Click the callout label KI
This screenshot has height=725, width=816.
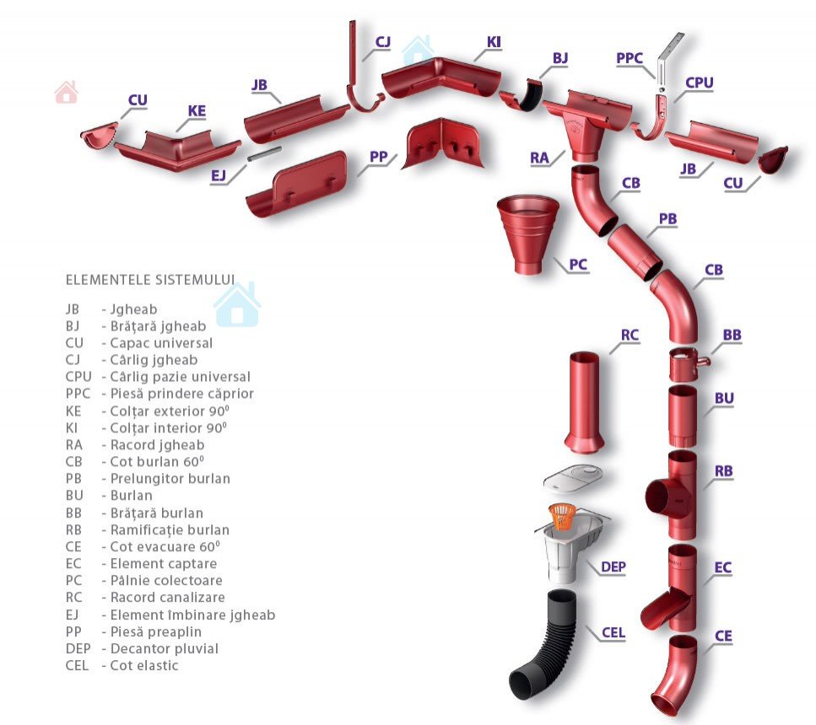[494, 42]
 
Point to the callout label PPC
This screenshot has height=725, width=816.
[630, 58]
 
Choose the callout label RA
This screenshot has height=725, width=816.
[539, 158]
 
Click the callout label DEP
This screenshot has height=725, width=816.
[613, 567]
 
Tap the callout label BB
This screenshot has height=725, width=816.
[732, 336]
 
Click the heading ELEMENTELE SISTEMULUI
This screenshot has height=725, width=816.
[150, 279]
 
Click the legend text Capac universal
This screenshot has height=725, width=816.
[161, 343]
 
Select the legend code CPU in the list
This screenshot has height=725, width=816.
[78, 377]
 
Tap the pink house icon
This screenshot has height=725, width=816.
[66, 92]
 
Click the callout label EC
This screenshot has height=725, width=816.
[722, 568]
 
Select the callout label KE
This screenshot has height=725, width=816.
[197, 111]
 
